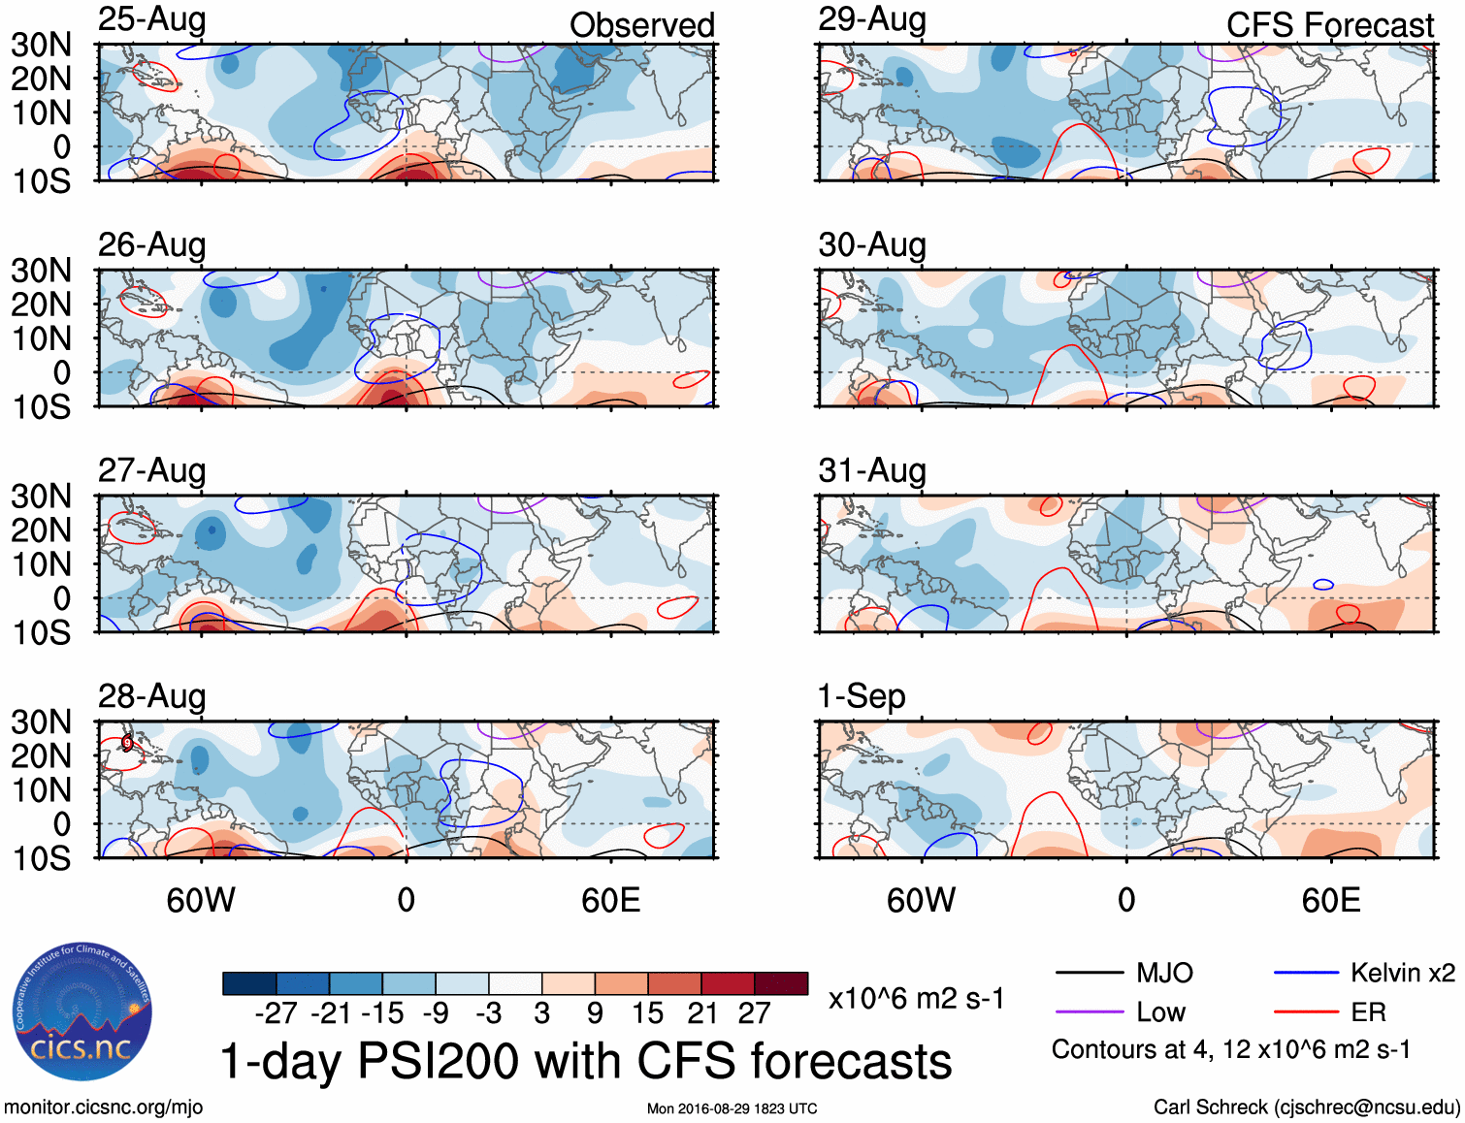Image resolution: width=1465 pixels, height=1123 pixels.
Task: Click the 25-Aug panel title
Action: (152, 19)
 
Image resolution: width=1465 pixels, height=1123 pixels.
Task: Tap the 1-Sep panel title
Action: (862, 696)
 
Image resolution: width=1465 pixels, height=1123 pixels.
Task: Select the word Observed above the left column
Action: (641, 25)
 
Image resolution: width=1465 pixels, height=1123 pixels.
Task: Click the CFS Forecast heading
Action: (1329, 25)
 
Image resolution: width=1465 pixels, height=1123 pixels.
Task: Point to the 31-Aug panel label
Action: (872, 470)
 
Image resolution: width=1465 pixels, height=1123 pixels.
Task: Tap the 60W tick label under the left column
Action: (201, 900)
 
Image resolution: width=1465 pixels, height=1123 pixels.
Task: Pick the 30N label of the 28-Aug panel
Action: (42, 722)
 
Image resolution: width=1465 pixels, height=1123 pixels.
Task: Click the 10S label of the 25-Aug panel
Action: (42, 181)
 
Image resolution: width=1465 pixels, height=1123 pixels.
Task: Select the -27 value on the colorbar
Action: (276, 1013)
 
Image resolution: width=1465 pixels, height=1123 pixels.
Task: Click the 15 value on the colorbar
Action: (647, 1013)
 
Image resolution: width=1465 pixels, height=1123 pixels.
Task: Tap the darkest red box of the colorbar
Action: (781, 983)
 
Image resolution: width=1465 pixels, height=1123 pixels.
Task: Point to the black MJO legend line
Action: (1089, 973)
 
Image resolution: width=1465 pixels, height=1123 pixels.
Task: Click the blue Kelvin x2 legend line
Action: (1306, 973)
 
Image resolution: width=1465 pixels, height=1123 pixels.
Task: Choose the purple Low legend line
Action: (1089, 1012)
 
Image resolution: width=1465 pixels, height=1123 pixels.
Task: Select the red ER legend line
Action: (1306, 1012)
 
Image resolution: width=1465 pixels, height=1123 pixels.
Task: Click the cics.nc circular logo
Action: (82, 1011)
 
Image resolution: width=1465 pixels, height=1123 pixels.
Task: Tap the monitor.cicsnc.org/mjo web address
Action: (103, 1107)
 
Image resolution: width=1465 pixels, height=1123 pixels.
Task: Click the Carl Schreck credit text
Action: (1306, 1107)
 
